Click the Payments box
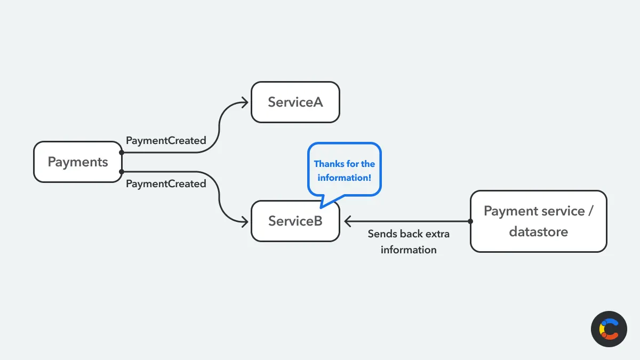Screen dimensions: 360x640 [x=78, y=162]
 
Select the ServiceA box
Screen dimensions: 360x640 [x=295, y=102]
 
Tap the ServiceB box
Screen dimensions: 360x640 [x=295, y=221]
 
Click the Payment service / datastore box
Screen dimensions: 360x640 [x=538, y=221]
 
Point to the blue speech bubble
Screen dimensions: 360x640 [x=345, y=170]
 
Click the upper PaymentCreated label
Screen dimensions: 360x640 [x=166, y=141]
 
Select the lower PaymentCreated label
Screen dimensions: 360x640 [x=166, y=183]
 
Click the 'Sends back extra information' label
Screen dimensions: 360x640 [x=409, y=242]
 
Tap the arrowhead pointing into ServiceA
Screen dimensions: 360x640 [x=246, y=102]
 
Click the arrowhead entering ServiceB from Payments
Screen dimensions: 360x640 [x=246, y=221]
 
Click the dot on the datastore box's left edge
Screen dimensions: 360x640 [x=470, y=221]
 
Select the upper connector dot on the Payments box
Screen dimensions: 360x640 [x=122, y=153]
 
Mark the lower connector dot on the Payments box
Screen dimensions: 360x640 [x=122, y=172]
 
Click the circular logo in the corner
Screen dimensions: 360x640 [x=609, y=329]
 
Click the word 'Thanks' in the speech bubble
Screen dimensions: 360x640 [x=329, y=164]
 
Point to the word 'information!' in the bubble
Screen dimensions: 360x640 [x=345, y=178]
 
